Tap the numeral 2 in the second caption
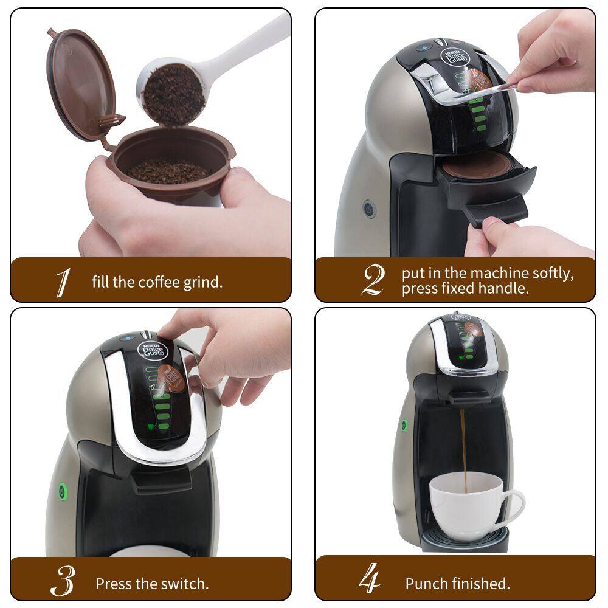(x=373, y=280)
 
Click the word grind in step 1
(x=201, y=283)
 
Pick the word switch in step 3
(x=186, y=584)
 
